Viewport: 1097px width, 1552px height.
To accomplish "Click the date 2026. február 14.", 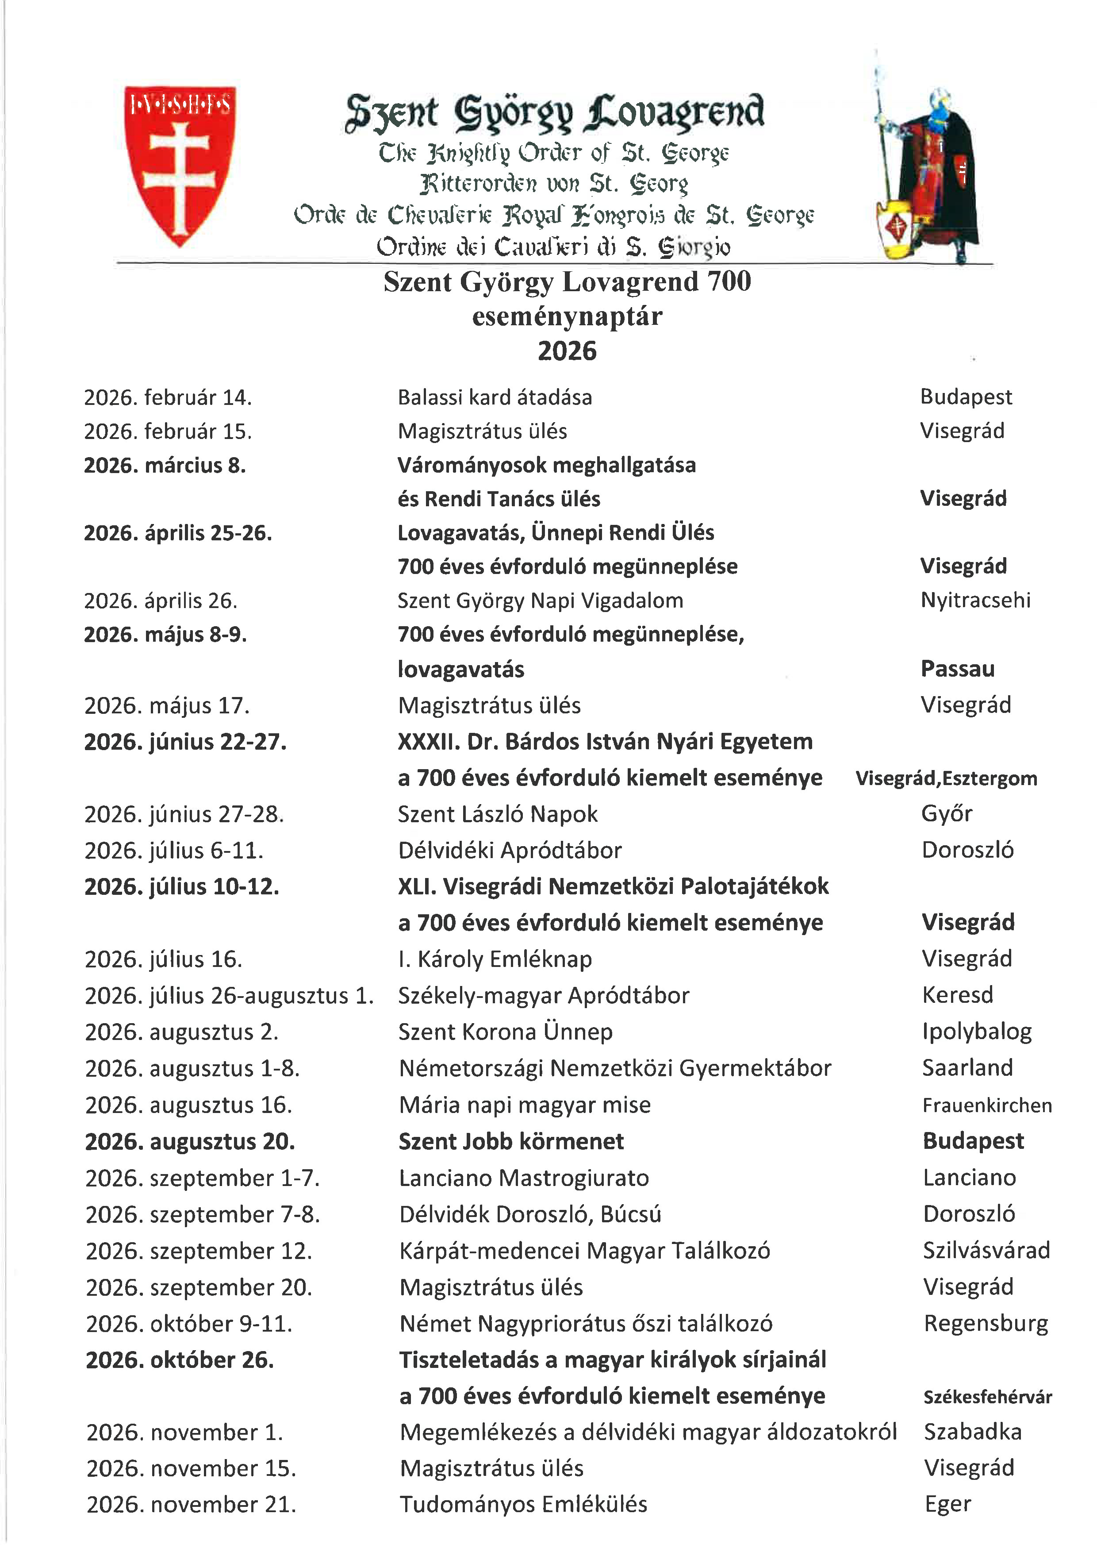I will coord(168,397).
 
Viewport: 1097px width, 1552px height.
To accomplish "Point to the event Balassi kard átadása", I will coord(495,397).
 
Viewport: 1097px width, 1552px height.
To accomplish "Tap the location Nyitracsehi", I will coord(975,600).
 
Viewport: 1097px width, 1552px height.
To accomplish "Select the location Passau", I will coord(957,669).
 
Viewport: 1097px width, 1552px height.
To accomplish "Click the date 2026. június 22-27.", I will coord(185,742).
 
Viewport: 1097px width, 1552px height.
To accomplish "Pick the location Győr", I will coord(946,814).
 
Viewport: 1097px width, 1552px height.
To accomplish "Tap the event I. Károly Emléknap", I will coord(495,959).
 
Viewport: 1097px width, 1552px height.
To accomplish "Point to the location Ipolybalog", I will coord(977,1032).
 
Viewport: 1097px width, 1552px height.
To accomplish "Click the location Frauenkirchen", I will coord(987,1105).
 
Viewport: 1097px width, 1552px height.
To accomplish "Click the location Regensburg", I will coord(986,1324).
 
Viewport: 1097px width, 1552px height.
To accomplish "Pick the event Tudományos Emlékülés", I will coord(523,1505).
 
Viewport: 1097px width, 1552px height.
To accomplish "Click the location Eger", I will coord(948,1505).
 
